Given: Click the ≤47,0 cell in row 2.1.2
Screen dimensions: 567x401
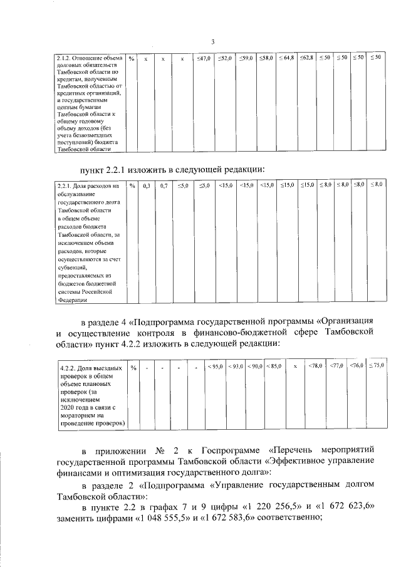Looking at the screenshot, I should (x=204, y=58).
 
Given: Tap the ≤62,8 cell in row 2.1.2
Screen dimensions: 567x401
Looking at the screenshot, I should (x=306, y=58).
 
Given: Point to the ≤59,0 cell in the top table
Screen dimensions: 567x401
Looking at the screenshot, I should (x=246, y=58).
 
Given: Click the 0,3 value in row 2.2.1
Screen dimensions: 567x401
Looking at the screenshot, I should (x=146, y=185).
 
